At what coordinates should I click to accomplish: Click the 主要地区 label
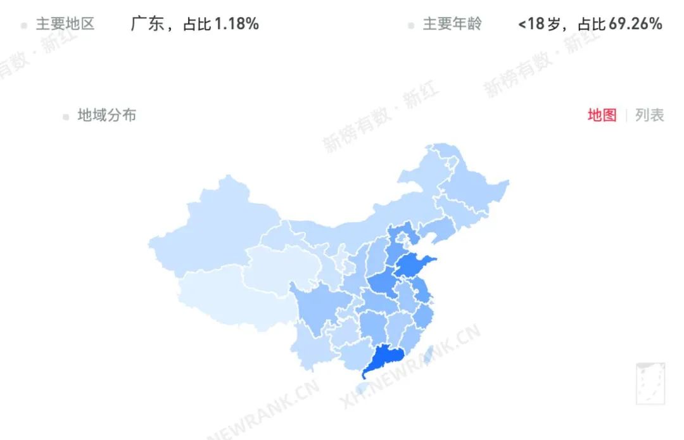pyautogui.click(x=65, y=24)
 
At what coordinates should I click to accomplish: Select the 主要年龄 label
pyautogui.click(x=452, y=24)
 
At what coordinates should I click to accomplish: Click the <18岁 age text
pyautogui.click(x=539, y=24)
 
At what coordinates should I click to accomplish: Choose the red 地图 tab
pyautogui.click(x=602, y=115)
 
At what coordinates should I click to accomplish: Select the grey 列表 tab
pyautogui.click(x=650, y=115)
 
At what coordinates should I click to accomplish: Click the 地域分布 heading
pyautogui.click(x=106, y=115)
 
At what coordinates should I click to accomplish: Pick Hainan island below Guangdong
pyautogui.click(x=363, y=387)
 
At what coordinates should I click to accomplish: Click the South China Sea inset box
pyautogui.click(x=650, y=383)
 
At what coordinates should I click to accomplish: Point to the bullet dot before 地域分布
pyautogui.click(x=66, y=116)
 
